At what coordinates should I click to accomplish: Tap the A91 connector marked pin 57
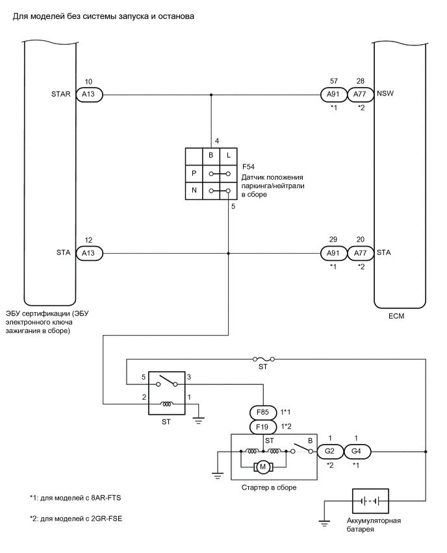[333, 95]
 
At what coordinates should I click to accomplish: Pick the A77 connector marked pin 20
[360, 252]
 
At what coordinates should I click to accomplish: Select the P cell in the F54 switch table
[194, 174]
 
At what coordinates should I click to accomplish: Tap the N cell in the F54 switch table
[194, 191]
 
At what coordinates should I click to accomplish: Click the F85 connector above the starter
[262, 412]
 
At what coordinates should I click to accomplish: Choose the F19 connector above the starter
[262, 427]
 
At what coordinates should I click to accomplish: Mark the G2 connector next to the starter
[329, 452]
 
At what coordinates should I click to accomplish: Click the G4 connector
[356, 452]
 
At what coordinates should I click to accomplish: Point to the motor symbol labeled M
[263, 466]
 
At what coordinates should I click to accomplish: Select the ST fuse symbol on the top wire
[264, 358]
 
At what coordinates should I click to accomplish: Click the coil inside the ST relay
[167, 403]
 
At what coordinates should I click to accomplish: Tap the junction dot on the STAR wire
[211, 95]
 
